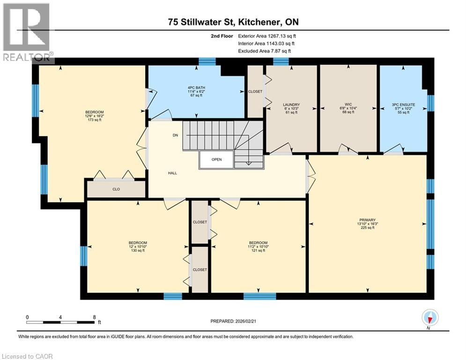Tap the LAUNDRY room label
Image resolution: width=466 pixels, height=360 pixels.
coord(291,105)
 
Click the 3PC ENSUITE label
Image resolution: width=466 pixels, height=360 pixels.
coord(403,104)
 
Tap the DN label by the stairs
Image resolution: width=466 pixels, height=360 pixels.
coord(176,135)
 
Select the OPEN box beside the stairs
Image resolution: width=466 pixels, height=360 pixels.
coord(216,159)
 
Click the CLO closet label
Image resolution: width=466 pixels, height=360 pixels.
coord(116,190)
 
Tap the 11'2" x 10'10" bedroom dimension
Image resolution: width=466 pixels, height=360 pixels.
coord(258,247)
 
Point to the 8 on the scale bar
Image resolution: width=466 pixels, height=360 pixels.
coord(94,317)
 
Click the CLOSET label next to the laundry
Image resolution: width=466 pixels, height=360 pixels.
coord(255,91)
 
